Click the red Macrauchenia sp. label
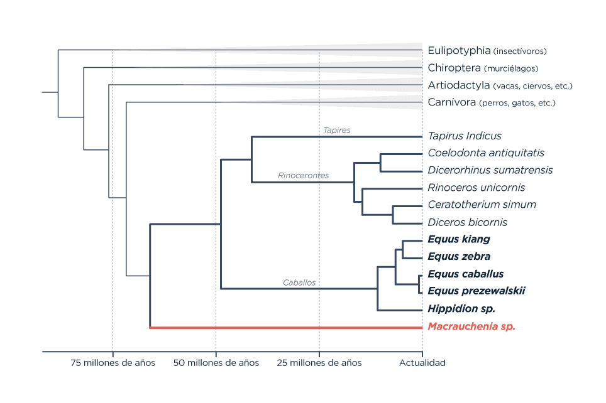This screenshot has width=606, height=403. point(471,326)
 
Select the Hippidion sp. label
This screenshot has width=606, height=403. point(461,309)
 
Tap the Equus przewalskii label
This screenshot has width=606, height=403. point(477,291)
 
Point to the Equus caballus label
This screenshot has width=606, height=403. point(466,274)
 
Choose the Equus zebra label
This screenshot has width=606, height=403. point(459,256)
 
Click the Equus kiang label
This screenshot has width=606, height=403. point(459,239)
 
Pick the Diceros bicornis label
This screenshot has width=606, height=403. point(467,222)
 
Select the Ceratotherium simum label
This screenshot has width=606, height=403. point(482,205)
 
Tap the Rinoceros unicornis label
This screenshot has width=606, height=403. point(477,188)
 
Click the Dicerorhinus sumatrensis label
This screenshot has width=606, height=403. point(490,170)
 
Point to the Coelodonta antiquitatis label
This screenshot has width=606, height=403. point(486,153)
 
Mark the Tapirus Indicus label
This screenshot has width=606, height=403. point(465,136)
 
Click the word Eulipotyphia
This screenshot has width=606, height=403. point(459,51)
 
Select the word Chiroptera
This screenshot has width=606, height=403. point(454,68)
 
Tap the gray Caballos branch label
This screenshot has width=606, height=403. point(299,282)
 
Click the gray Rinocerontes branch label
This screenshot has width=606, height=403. point(304,176)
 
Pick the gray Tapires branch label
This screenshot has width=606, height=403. point(337,131)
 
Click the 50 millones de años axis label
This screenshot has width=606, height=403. point(216,363)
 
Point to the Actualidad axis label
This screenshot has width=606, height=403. point(422,363)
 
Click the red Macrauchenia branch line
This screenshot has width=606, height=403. point(286,328)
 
